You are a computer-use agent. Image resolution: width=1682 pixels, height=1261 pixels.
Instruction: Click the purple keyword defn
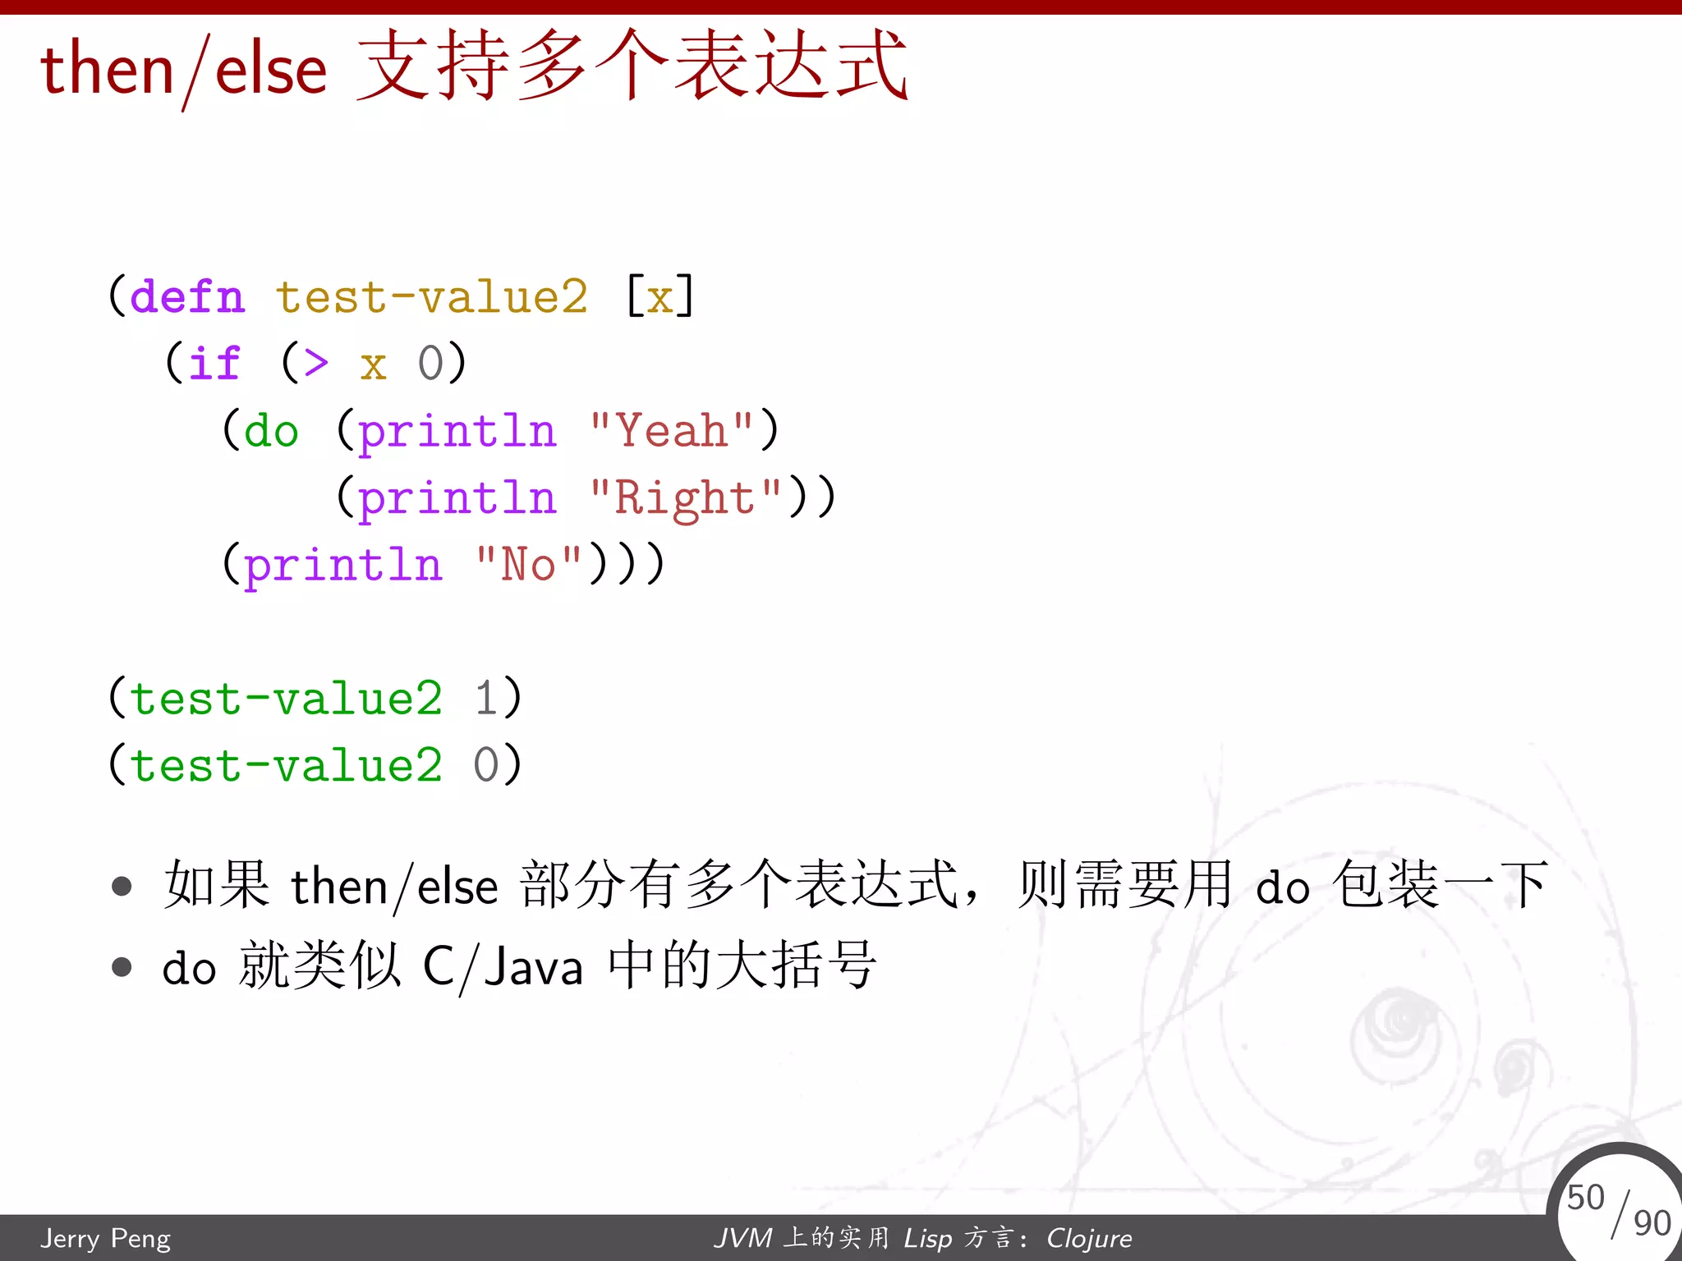(x=187, y=296)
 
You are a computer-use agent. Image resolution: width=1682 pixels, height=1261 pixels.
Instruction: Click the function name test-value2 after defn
(x=431, y=296)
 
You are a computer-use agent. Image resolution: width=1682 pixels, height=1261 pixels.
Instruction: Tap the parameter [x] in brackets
(x=659, y=296)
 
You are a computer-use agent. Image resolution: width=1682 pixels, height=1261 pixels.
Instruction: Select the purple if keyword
(x=214, y=363)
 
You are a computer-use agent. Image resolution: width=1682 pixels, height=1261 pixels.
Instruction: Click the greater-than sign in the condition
(x=316, y=363)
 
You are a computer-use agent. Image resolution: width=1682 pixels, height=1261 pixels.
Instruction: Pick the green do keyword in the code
(x=271, y=430)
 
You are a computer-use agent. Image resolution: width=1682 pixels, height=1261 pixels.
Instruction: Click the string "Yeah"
(x=671, y=430)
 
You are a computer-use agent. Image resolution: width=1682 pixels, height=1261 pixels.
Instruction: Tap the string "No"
(x=528, y=565)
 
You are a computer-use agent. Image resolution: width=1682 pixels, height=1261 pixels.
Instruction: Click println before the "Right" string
(x=457, y=498)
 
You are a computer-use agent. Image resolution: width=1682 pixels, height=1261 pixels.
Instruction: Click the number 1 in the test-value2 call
(x=485, y=699)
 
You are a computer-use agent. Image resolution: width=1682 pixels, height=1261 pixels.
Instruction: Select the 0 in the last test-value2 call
(x=485, y=765)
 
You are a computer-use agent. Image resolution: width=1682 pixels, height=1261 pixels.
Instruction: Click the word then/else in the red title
(x=184, y=69)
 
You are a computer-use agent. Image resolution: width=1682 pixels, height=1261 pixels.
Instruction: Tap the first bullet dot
(x=122, y=887)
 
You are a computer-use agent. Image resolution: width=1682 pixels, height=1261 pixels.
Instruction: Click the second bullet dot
(x=122, y=967)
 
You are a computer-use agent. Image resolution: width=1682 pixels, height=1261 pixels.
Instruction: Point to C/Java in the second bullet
(x=503, y=966)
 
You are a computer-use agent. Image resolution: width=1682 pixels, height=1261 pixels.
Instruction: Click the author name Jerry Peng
(x=106, y=1237)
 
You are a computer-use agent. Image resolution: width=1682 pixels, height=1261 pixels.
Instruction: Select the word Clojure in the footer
(x=1088, y=1237)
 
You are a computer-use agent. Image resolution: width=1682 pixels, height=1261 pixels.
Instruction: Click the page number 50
(x=1585, y=1197)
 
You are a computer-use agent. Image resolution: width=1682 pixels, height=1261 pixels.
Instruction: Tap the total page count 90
(x=1652, y=1223)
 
